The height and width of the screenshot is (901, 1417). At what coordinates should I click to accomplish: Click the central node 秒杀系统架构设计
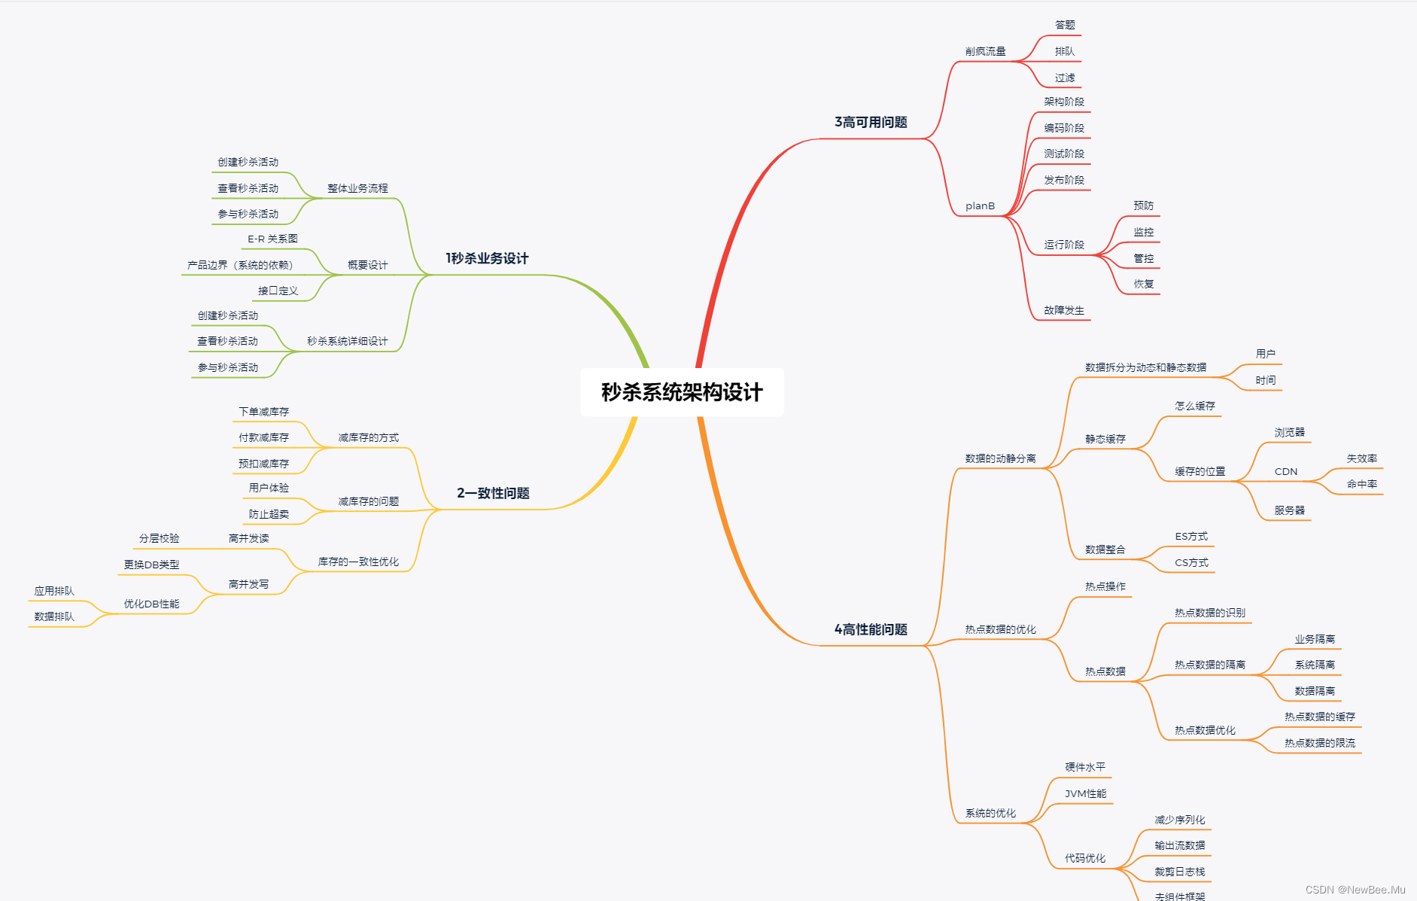[682, 392]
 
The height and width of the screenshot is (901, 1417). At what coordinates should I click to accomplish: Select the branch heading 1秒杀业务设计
[487, 258]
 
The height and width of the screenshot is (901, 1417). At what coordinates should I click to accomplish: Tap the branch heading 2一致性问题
[493, 493]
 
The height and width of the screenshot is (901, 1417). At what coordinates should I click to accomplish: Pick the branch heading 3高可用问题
[871, 122]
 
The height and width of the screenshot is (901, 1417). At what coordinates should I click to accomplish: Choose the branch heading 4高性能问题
[871, 629]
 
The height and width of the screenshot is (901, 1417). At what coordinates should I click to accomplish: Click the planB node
[980, 205]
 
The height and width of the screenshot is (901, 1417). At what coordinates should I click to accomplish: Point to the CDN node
[1285, 471]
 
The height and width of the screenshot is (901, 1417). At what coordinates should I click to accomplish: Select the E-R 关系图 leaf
[272, 239]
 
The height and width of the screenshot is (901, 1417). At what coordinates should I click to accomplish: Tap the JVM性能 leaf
[1085, 793]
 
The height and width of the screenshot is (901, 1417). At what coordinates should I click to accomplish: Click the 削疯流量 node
[985, 51]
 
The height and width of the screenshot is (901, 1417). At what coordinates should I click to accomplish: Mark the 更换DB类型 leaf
[151, 565]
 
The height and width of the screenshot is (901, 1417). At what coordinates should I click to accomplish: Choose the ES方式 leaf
[1191, 536]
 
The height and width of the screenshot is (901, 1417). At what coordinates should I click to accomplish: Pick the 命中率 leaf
[1361, 484]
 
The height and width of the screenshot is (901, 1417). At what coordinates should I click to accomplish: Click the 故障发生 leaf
[1064, 310]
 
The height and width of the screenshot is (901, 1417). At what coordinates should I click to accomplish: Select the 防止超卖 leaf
[269, 514]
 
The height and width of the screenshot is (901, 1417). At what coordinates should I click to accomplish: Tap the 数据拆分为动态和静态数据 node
[1145, 367]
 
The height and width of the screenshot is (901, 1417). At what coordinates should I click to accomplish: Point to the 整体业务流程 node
[357, 188]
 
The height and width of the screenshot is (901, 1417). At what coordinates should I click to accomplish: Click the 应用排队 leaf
[54, 591]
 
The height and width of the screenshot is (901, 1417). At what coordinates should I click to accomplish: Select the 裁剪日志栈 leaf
[1179, 872]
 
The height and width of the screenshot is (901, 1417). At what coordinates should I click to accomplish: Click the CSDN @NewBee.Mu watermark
[1355, 890]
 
